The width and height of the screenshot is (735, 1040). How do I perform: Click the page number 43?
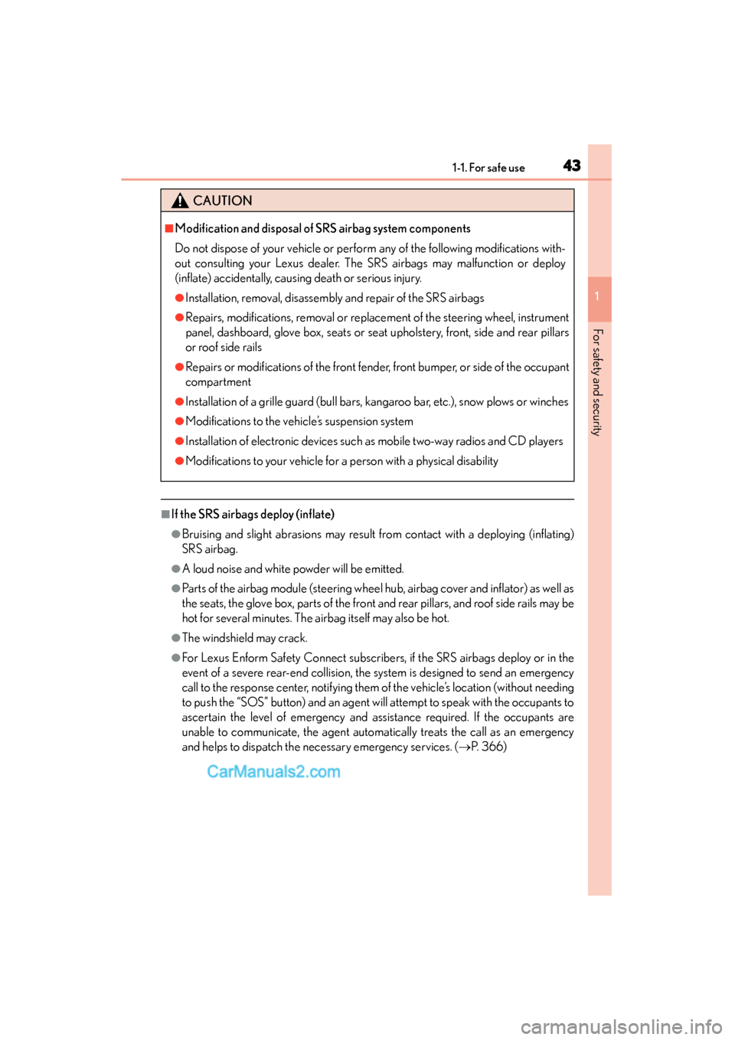(571, 165)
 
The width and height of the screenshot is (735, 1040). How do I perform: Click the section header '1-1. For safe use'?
(488, 168)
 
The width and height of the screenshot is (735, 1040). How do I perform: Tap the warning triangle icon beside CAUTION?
(180, 201)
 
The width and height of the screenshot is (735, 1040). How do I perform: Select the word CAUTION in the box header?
(222, 201)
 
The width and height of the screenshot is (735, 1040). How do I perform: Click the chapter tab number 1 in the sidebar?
(599, 297)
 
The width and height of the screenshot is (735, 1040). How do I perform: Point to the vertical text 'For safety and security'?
(598, 382)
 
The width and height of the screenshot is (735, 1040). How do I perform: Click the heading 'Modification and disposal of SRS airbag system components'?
(322, 228)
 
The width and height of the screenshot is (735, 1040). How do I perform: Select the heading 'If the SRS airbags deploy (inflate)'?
(253, 514)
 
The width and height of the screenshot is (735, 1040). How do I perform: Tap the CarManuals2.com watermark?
(273, 771)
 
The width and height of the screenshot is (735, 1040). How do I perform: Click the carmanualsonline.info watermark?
(621, 1026)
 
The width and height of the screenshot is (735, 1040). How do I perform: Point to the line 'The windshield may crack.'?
(244, 638)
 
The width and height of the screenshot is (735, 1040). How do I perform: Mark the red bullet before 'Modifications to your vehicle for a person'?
(179, 461)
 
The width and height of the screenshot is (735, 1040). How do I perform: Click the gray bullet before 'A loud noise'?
(176, 569)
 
